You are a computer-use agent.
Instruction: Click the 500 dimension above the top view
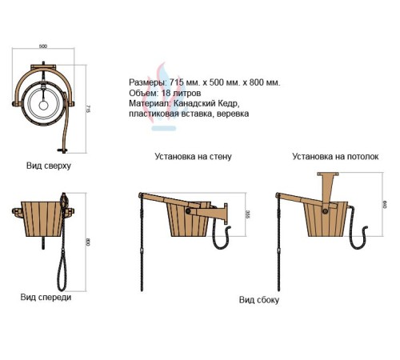pos(43,46)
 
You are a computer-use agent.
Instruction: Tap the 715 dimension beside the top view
pos(89,109)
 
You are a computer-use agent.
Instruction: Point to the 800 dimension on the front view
pos(88,242)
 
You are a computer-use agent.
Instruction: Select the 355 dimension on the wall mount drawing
pos(248,214)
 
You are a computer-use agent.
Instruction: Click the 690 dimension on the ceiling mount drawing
pos(385,205)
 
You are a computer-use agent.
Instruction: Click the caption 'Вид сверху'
pos(49,166)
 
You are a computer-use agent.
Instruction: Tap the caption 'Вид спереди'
pos(46,297)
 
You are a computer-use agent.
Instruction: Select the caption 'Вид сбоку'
pos(259,300)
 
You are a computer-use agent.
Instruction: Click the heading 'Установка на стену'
pos(193,156)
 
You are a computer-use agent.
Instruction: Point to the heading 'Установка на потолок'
pos(335,156)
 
